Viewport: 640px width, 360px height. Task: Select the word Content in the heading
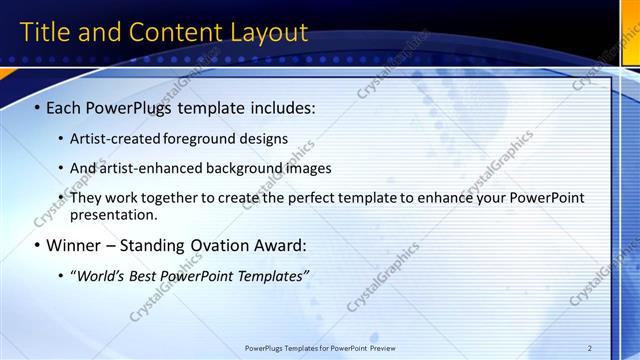pyautogui.click(x=168, y=32)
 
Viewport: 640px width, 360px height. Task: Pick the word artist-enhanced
pyautogui.click(x=154, y=168)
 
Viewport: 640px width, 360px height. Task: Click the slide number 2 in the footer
pyautogui.click(x=590, y=348)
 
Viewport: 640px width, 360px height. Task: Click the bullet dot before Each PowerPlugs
pyautogui.click(x=37, y=107)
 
